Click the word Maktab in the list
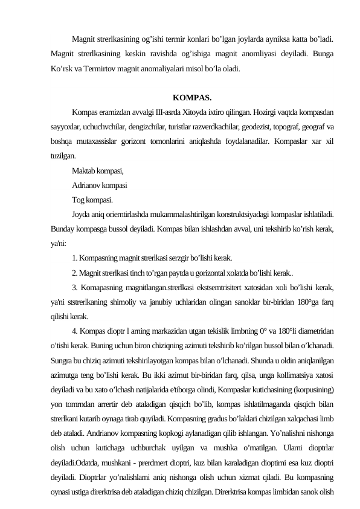[83, 171]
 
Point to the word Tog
[78, 200]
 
